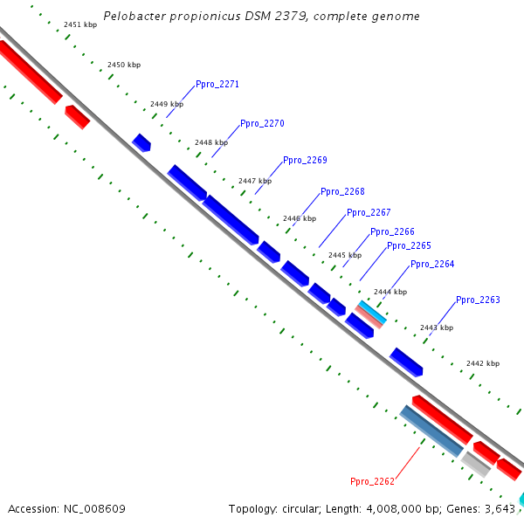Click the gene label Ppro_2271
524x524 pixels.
point(217,84)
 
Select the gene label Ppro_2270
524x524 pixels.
point(262,124)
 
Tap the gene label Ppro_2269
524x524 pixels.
point(305,161)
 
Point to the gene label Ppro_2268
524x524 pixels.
point(342,191)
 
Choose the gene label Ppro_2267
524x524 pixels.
point(369,212)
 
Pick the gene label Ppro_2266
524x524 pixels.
point(392,232)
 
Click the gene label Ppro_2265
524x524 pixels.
point(409,246)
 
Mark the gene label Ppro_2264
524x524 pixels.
point(432,265)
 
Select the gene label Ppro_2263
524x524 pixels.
point(478,300)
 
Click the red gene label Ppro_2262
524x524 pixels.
point(372,481)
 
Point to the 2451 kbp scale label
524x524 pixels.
point(80,24)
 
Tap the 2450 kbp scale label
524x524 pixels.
point(124,65)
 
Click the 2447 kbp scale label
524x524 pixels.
point(255,181)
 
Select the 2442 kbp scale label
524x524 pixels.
point(483,363)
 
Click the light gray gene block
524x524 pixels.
point(476,465)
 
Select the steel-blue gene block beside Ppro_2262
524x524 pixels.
point(431,431)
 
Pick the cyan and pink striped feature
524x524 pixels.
point(371,314)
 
